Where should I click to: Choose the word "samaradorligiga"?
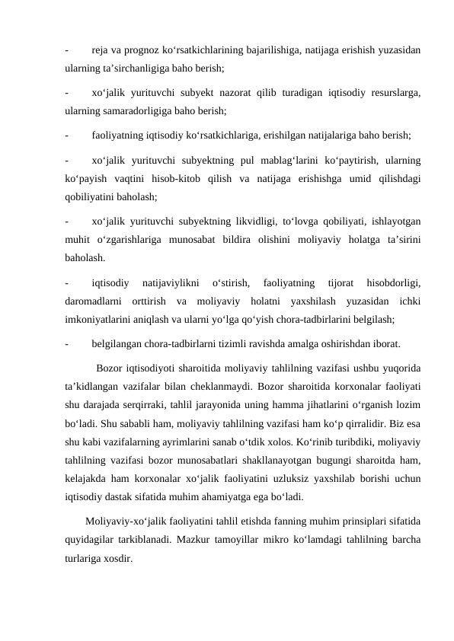(x=149, y=110)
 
